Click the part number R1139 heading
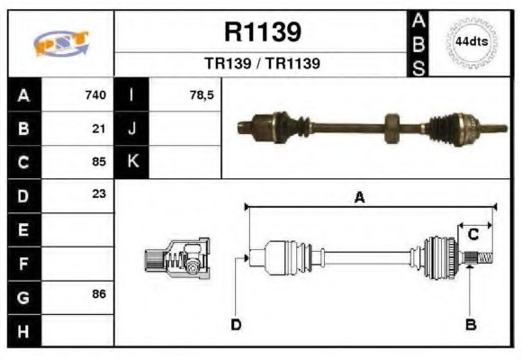tap(262, 32)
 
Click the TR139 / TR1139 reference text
tap(262, 65)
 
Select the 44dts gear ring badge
tap(471, 42)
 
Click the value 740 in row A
tap(95, 94)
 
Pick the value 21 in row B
tap(99, 128)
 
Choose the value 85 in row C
tap(99, 162)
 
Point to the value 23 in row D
tap(99, 193)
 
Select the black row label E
tap(22, 229)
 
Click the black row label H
tap(22, 330)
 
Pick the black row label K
tap(132, 162)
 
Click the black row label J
tap(132, 128)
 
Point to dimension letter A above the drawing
tap(359, 199)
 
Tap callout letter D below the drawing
tap(236, 324)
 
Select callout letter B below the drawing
tap(470, 324)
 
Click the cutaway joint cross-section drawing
tap(179, 258)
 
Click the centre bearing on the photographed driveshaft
tap(391, 125)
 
